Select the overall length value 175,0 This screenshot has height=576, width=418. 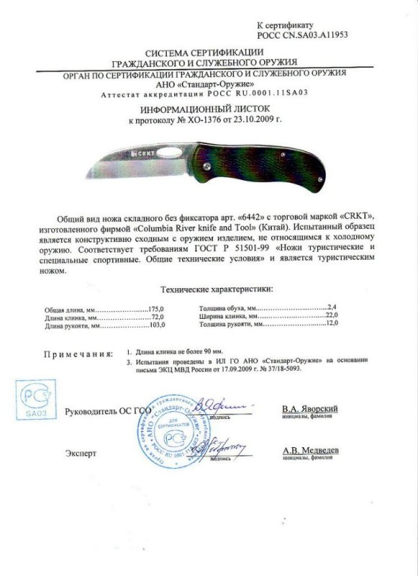click(x=157, y=308)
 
